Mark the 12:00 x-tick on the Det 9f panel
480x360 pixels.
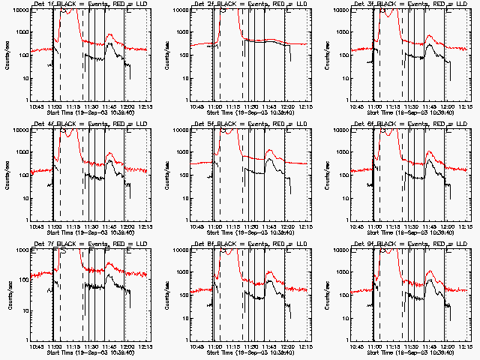[448, 347]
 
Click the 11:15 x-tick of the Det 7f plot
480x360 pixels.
[73, 347]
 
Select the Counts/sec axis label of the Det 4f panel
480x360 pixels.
[6, 174]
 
